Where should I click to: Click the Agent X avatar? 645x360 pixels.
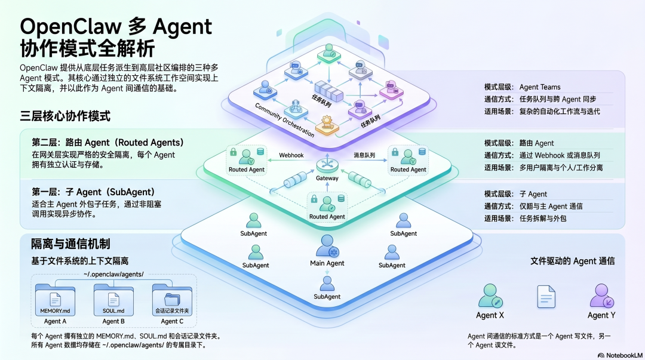click(490, 296)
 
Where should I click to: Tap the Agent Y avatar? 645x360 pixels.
click(601, 296)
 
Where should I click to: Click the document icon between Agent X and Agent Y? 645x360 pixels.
click(546, 296)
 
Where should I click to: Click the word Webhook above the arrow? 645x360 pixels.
click(291, 155)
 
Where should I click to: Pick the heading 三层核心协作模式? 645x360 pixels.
click(65, 116)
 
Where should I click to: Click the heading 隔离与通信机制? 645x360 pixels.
click(70, 244)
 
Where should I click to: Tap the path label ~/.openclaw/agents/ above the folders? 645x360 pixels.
click(113, 274)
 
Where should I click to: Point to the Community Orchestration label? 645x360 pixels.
click(284, 120)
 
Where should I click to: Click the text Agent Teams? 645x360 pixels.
click(540, 87)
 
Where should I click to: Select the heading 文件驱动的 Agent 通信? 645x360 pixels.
click(573, 261)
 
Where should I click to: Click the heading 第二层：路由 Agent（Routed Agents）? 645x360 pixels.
click(107, 143)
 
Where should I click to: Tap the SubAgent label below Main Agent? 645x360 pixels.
click(327, 296)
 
